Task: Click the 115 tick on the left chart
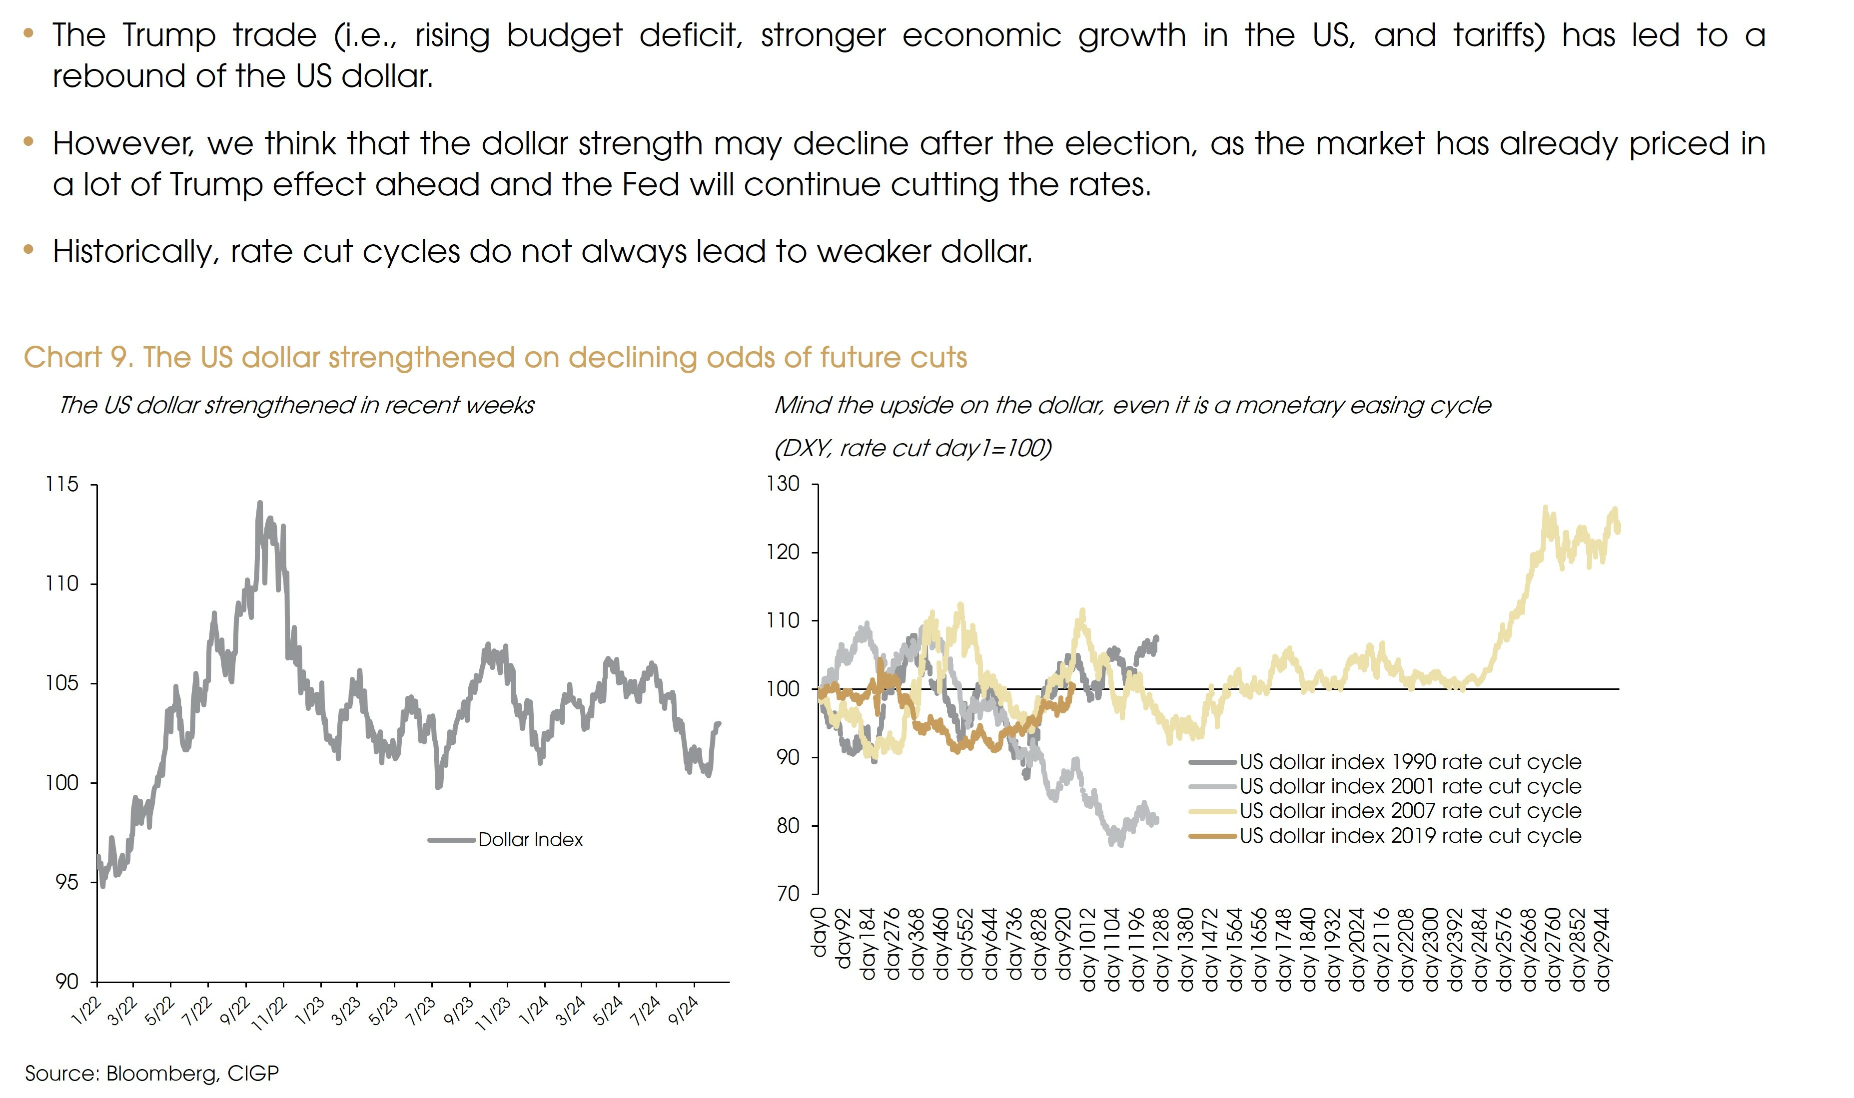point(61,485)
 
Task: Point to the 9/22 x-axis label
point(235,1011)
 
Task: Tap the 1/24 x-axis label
point(534,1011)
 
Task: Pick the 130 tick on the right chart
point(783,484)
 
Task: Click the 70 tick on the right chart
point(788,894)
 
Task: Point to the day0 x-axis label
point(819,933)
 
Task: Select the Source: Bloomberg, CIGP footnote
point(152,1074)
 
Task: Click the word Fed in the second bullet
point(650,184)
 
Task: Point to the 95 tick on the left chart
point(66,883)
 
